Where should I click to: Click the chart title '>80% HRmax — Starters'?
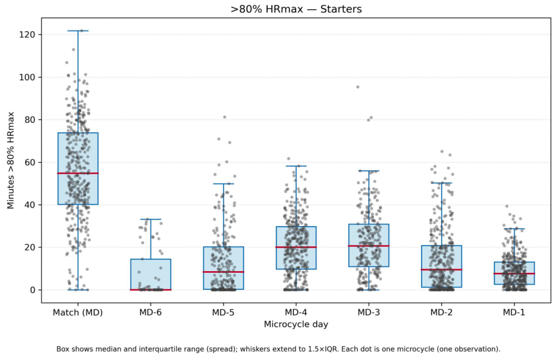pos(296,9)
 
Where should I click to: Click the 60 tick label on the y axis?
pos(30,163)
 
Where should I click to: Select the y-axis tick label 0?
pos(33,290)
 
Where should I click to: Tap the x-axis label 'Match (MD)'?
pos(78,312)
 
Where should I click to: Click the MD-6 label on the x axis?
pos(150,312)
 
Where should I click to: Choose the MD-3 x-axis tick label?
pos(369,312)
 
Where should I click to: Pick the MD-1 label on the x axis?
pos(514,312)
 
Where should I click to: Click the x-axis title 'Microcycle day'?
pos(296,324)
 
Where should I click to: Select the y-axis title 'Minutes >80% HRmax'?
pos(11,161)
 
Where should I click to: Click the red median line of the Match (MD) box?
pos(78,173)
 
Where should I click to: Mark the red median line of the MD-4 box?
pos(296,247)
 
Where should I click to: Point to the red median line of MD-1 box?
pos(514,274)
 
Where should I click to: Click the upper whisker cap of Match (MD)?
pos(78,31)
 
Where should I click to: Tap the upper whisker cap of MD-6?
pos(150,220)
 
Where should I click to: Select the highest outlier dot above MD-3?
pos(358,87)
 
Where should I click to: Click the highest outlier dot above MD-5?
pos(225,117)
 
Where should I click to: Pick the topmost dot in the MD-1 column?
pos(507,206)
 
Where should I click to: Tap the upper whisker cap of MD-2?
pos(441,183)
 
